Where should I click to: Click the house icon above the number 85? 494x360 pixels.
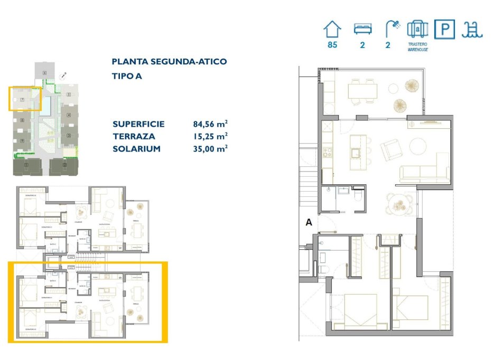tap(332, 29)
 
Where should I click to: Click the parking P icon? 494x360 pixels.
tap(444, 29)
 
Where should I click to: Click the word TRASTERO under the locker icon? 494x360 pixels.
tap(417, 44)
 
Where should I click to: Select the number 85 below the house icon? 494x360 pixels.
tap(332, 45)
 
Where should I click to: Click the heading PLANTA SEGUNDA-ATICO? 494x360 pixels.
tap(169, 62)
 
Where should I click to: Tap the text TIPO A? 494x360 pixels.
tap(127, 76)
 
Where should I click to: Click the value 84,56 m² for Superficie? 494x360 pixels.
tap(210, 125)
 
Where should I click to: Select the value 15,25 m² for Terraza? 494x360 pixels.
tap(210, 137)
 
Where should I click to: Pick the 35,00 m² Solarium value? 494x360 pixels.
tap(210, 149)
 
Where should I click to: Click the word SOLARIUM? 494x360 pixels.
tap(136, 149)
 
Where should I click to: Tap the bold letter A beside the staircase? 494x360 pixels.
tap(309, 223)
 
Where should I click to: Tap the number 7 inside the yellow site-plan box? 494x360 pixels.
tap(22, 99)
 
